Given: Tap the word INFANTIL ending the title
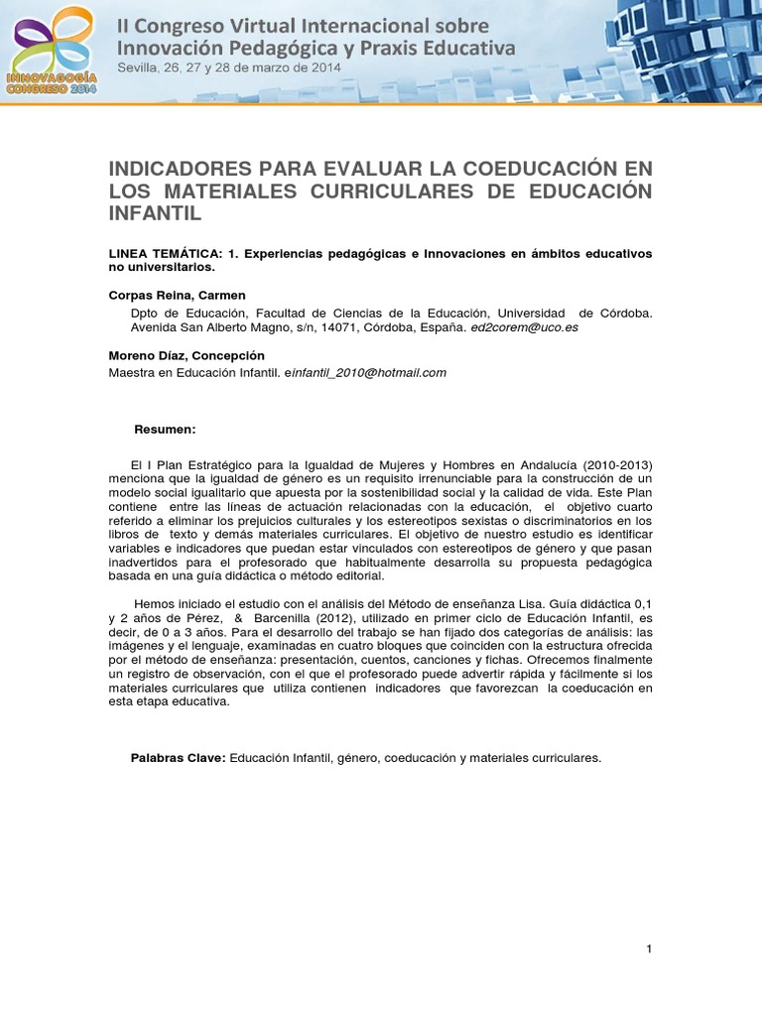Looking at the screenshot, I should (155, 212).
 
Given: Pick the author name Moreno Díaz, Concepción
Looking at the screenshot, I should (186, 355).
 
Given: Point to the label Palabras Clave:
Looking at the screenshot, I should (179, 758).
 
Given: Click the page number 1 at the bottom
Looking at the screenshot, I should (649, 950).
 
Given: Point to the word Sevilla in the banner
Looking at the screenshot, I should (138, 67).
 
